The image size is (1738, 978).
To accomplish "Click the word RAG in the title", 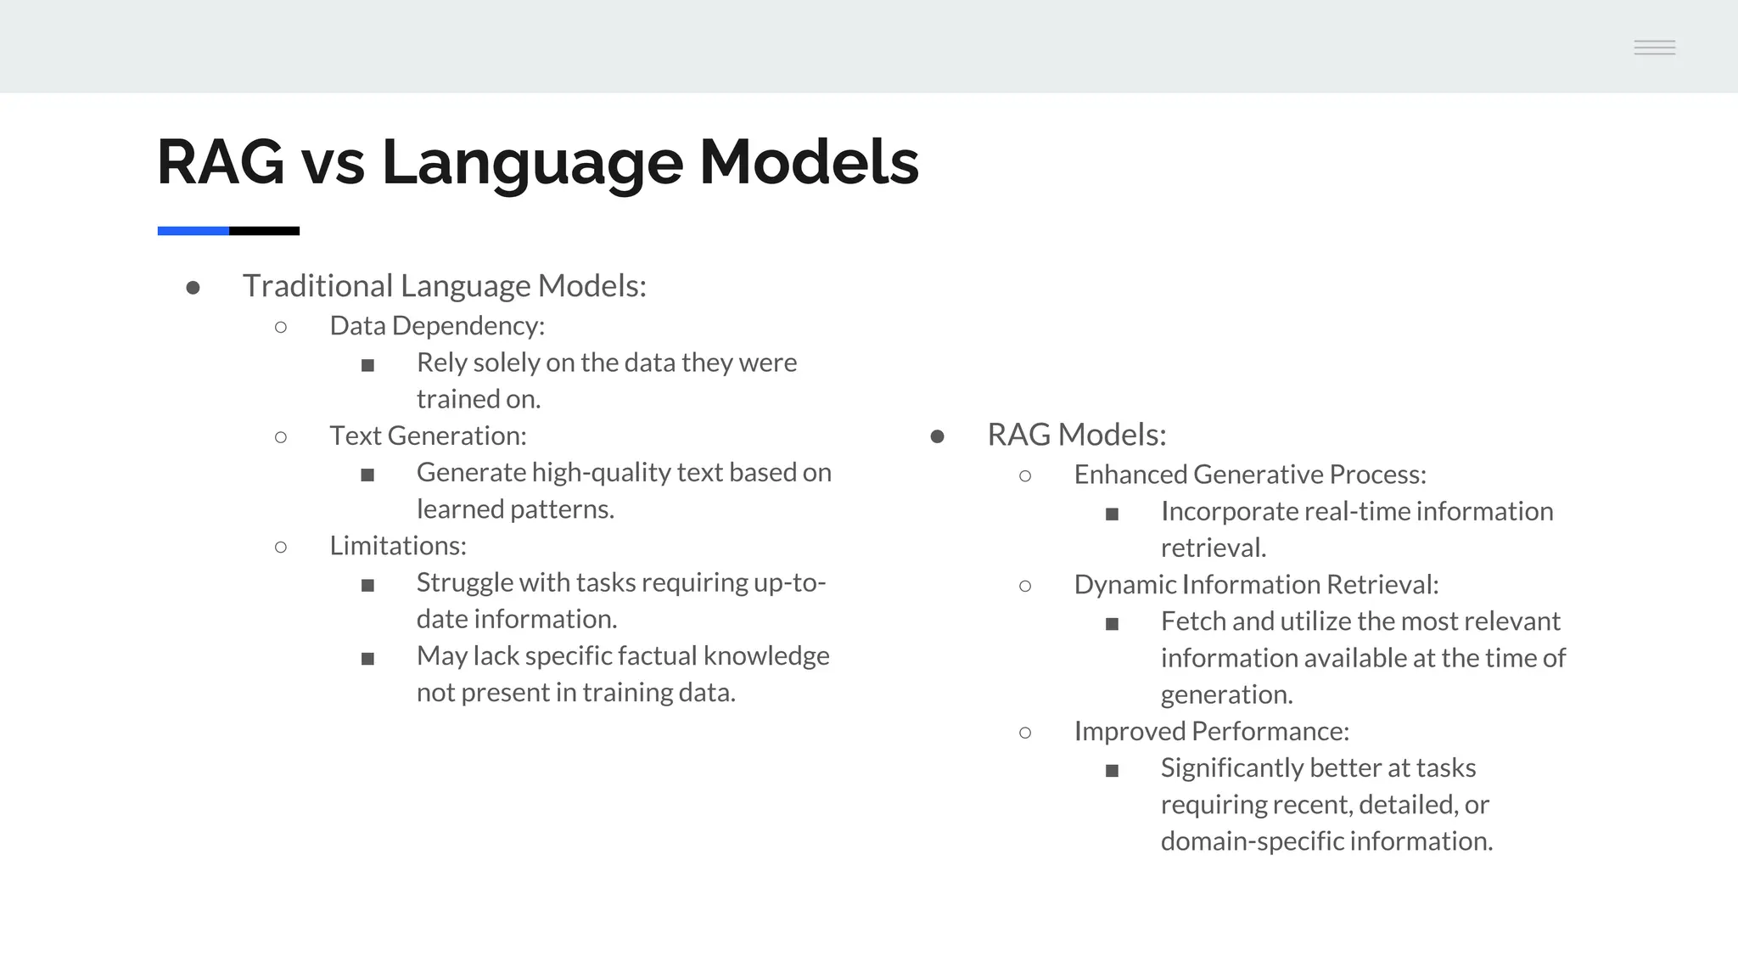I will point(221,162).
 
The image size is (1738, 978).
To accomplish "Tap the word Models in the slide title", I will point(809,162).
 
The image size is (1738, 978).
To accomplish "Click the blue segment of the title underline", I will point(193,231).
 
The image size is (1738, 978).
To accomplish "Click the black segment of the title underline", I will point(264,231).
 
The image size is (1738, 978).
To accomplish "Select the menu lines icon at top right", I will point(1654,48).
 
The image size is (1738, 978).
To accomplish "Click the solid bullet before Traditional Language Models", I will point(193,289).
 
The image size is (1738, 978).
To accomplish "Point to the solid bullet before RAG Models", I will point(937,437).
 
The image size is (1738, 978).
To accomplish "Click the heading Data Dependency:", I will point(437,326).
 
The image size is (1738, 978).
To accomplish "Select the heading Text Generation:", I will point(428,436).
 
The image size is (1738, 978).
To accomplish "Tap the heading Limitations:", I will point(398,545).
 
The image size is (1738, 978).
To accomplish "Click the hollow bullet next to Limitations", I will point(281,548).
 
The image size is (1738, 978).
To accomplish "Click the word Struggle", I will point(465,583).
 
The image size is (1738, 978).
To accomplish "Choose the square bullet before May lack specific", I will point(367,659).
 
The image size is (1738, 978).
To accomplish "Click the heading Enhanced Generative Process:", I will point(1249,475).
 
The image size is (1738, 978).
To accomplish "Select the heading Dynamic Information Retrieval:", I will point(1256,584).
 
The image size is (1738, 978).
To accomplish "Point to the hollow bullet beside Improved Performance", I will point(1025,733).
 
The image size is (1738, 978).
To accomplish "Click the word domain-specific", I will point(1252,841).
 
